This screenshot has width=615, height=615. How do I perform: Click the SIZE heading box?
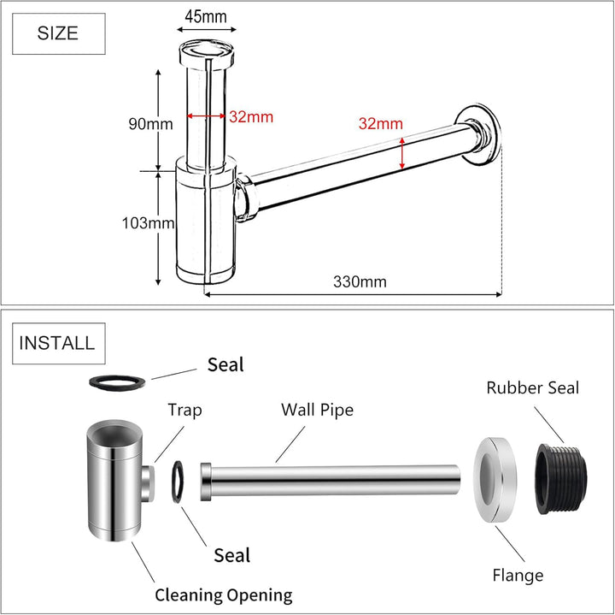[58, 33]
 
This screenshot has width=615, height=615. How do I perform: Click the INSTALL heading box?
[57, 343]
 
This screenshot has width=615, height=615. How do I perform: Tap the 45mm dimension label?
[206, 17]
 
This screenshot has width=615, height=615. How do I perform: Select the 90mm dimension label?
[150, 124]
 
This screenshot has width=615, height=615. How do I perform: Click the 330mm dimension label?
[360, 281]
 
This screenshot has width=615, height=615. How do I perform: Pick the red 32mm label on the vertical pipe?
[251, 117]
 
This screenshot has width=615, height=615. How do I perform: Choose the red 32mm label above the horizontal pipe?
[380, 124]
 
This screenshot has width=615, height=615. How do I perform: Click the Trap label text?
[184, 411]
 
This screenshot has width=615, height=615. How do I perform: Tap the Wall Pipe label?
[317, 410]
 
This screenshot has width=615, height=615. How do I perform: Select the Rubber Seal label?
[533, 387]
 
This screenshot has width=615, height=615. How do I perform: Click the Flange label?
[517, 576]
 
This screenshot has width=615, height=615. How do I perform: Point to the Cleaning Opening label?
[223, 595]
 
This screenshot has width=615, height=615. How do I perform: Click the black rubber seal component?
[561, 482]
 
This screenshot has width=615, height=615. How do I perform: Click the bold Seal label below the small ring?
[231, 555]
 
